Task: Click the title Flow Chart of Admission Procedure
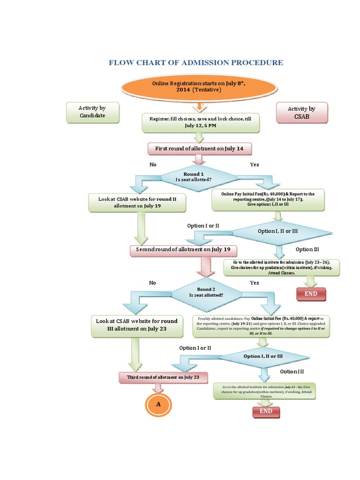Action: tap(196, 62)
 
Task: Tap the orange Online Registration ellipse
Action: tap(199, 86)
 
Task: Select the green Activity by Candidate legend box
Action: tap(92, 112)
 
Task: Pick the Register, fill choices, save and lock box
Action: tap(200, 122)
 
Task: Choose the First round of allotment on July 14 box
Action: tap(199, 149)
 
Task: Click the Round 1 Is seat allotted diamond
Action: tap(200, 177)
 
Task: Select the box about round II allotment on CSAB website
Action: tap(137, 202)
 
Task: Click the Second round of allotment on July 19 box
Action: tap(183, 250)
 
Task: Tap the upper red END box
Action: tap(311, 294)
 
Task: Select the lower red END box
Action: tap(266, 412)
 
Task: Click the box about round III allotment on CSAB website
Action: tap(137, 325)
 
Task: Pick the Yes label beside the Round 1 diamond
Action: tap(255, 165)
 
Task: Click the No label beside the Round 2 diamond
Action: tap(152, 283)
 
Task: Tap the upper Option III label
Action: tap(307, 249)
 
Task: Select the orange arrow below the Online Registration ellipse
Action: tap(199, 107)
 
